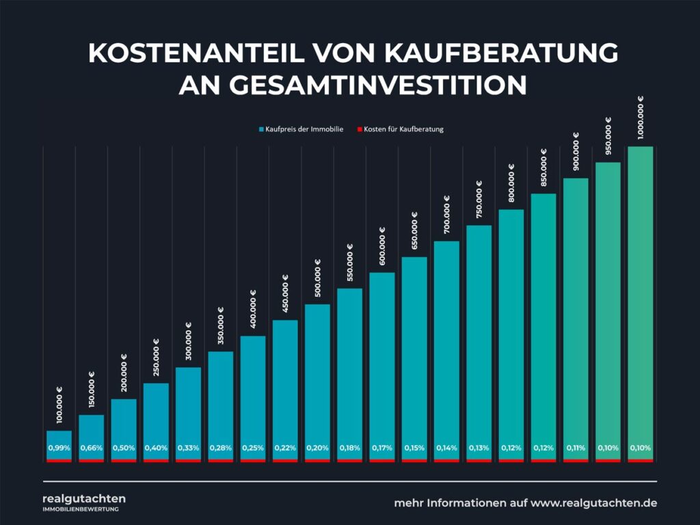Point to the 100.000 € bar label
pos(59,407)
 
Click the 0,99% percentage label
pos(59,448)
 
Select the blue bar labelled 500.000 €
pos(317,369)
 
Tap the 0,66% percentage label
pos(91,448)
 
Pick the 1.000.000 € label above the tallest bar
pos(641,117)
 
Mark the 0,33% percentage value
pos(188,448)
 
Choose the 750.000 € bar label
pos(479,199)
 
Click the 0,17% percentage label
pos(381,448)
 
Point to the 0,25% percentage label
pos(252,448)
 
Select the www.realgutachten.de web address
pos(594,503)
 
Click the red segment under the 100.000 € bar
pos(59,460)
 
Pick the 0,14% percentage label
pos(446,448)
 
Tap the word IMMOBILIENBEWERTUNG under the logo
pos(81,509)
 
